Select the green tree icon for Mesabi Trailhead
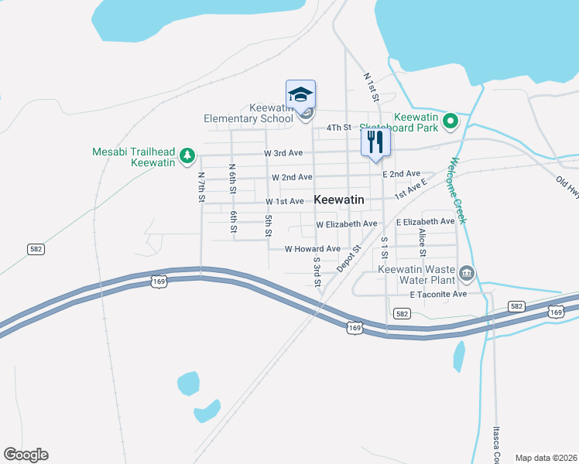click(187, 157)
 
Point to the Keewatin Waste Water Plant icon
click(466, 273)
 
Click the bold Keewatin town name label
click(339, 200)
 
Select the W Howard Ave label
click(312, 249)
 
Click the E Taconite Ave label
click(438, 295)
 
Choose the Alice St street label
click(423, 242)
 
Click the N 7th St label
click(201, 187)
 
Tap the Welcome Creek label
click(455, 192)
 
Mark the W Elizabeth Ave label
click(346, 224)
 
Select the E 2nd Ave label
click(401, 174)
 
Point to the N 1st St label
click(370, 88)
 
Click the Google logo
click(26, 455)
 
